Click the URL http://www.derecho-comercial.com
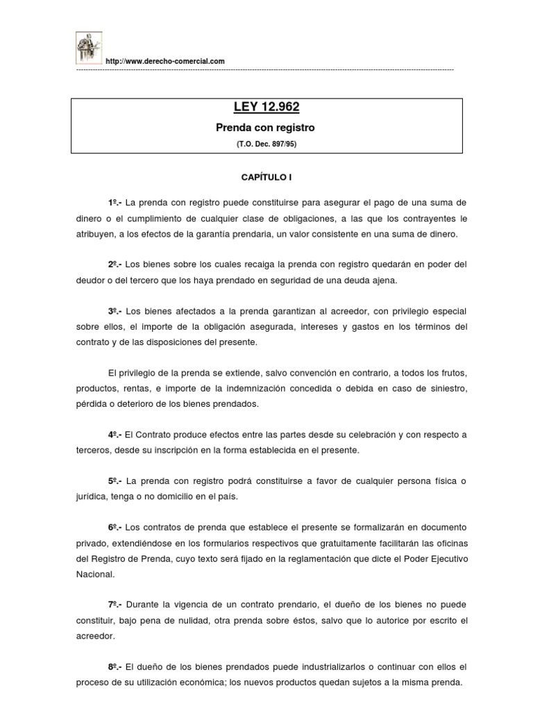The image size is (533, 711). (x=165, y=62)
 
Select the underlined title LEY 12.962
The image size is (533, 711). (x=266, y=107)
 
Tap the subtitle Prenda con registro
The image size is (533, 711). (x=266, y=128)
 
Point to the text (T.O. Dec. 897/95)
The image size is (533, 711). (x=266, y=144)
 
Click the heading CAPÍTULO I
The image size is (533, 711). (x=266, y=178)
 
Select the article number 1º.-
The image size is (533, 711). (x=115, y=202)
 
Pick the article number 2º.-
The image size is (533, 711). (x=115, y=264)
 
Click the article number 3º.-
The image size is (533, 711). (x=115, y=310)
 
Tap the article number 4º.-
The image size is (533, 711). (x=115, y=435)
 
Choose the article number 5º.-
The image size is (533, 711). (x=115, y=481)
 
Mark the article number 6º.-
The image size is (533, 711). (x=115, y=528)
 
